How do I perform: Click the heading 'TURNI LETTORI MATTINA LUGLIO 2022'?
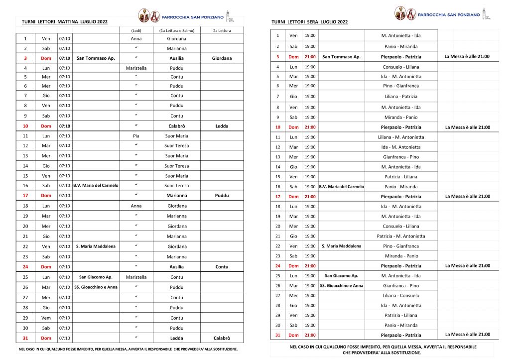coord(64,22)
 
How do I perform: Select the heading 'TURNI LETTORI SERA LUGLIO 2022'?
coord(309,22)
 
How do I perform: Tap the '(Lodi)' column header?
coord(136,30)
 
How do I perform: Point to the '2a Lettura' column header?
coord(222,30)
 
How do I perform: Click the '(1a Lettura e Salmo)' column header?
coord(177,30)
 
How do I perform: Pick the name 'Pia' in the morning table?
coord(136,135)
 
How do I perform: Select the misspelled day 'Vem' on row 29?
coord(46,318)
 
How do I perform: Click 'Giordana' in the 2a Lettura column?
coord(222,58)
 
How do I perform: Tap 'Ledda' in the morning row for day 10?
coord(222,126)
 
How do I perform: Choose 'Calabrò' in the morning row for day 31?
coord(222,338)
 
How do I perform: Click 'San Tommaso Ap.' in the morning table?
coord(96,58)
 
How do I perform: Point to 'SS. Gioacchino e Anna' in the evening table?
coord(341,286)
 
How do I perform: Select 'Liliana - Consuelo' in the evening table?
coord(401,295)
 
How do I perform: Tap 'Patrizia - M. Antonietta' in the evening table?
coord(401,236)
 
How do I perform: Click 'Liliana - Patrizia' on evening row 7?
coord(401,97)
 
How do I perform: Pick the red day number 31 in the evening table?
coord(278,335)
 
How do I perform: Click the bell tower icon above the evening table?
coord(487,15)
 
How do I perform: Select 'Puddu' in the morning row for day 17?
coord(222,196)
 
